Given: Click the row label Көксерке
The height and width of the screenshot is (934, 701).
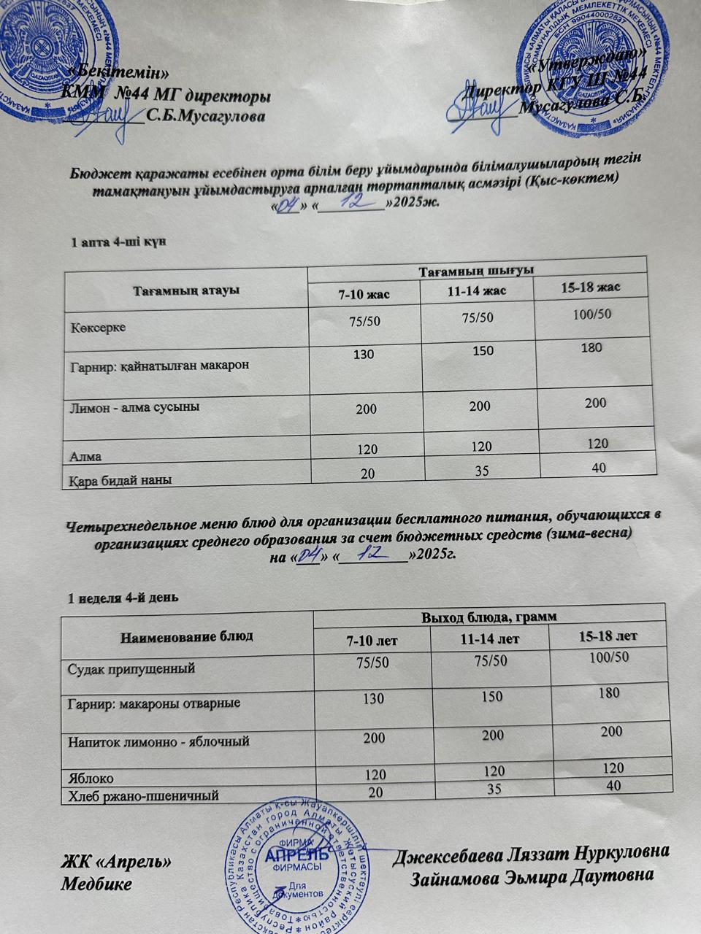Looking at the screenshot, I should pos(97,327).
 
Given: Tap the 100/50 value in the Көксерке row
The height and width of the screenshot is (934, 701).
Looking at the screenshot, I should pos(591,314).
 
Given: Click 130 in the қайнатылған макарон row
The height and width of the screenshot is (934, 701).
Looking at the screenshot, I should pos(363,355).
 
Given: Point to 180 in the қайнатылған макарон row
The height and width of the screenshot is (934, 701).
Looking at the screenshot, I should pos(591,347).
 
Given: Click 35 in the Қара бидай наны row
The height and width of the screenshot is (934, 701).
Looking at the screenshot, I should pos(481,471).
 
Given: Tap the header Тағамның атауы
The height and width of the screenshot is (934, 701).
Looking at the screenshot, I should pos(185,290).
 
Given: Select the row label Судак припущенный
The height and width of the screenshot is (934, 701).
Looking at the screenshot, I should pos(131,668).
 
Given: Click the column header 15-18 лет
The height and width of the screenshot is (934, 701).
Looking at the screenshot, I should pos(608,636).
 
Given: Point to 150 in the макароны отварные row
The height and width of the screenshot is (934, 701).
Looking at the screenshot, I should pos(492,696).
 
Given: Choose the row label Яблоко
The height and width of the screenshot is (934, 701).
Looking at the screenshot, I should pos(91,778).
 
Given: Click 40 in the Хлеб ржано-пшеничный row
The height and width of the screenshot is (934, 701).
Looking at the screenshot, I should pos(613,786).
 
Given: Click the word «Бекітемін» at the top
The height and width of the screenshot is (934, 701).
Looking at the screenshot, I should pos(117,72).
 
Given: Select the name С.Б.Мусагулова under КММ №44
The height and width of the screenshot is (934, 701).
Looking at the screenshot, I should pos(206,115).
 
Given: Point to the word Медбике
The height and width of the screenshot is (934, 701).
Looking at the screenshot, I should pos(96,884).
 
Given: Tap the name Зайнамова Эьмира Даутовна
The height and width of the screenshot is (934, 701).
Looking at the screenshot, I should pos(532,876).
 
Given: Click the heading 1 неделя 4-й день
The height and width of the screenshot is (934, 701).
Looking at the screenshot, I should pos(122,598).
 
